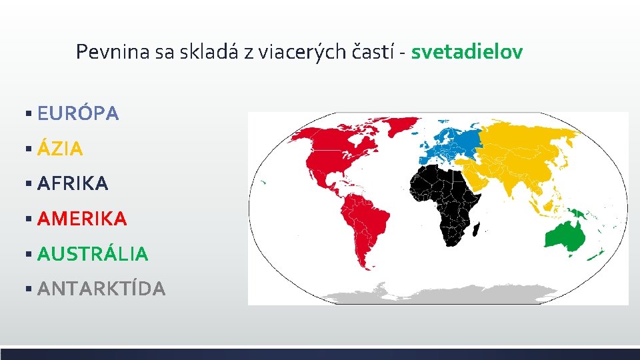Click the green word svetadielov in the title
pyautogui.click(x=467, y=51)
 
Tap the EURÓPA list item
pyautogui.click(x=78, y=114)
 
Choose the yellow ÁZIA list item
pyautogui.click(x=60, y=149)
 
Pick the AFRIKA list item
pyautogui.click(x=73, y=183)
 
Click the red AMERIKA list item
pyautogui.click(x=82, y=218)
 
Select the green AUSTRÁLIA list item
pyautogui.click(x=93, y=253)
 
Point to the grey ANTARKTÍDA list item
pyautogui.click(x=101, y=288)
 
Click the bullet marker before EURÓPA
pyautogui.click(x=28, y=114)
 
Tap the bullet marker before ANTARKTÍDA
pyautogui.click(x=28, y=289)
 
